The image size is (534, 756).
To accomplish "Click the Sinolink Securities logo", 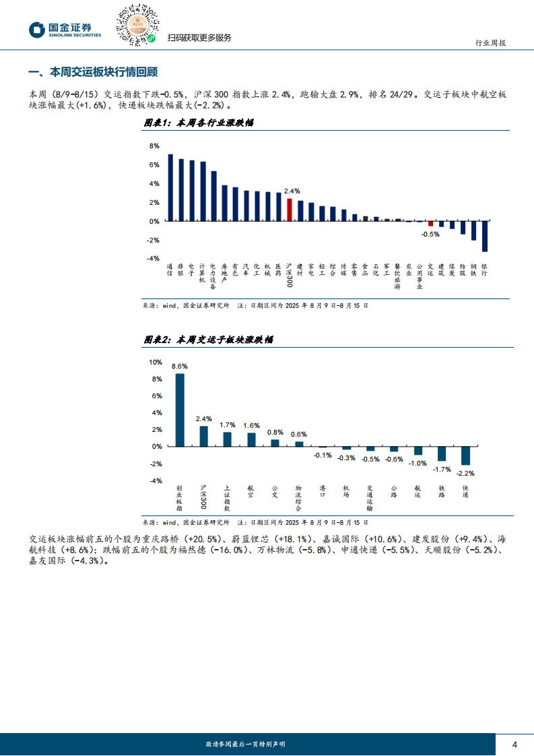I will click(x=65, y=30).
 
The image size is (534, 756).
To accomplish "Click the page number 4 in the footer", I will click(x=514, y=744).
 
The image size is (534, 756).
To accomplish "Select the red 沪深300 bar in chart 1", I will click(x=289, y=210).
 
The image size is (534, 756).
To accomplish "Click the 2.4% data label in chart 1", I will click(x=292, y=191).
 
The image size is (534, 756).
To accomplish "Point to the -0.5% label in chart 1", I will click(x=430, y=234).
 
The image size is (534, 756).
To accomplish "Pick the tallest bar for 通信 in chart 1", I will click(x=170, y=187).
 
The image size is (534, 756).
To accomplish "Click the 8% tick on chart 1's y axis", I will click(x=154, y=146).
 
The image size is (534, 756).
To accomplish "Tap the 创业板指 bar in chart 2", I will click(x=180, y=410).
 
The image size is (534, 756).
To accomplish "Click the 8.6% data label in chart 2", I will click(x=180, y=366).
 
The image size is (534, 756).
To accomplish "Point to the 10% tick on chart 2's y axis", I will click(x=156, y=362).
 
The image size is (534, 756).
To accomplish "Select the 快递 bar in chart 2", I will click(x=465, y=455).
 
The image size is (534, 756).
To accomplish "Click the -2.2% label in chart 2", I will click(x=465, y=473).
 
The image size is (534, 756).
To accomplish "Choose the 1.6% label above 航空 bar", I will click(x=251, y=425).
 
